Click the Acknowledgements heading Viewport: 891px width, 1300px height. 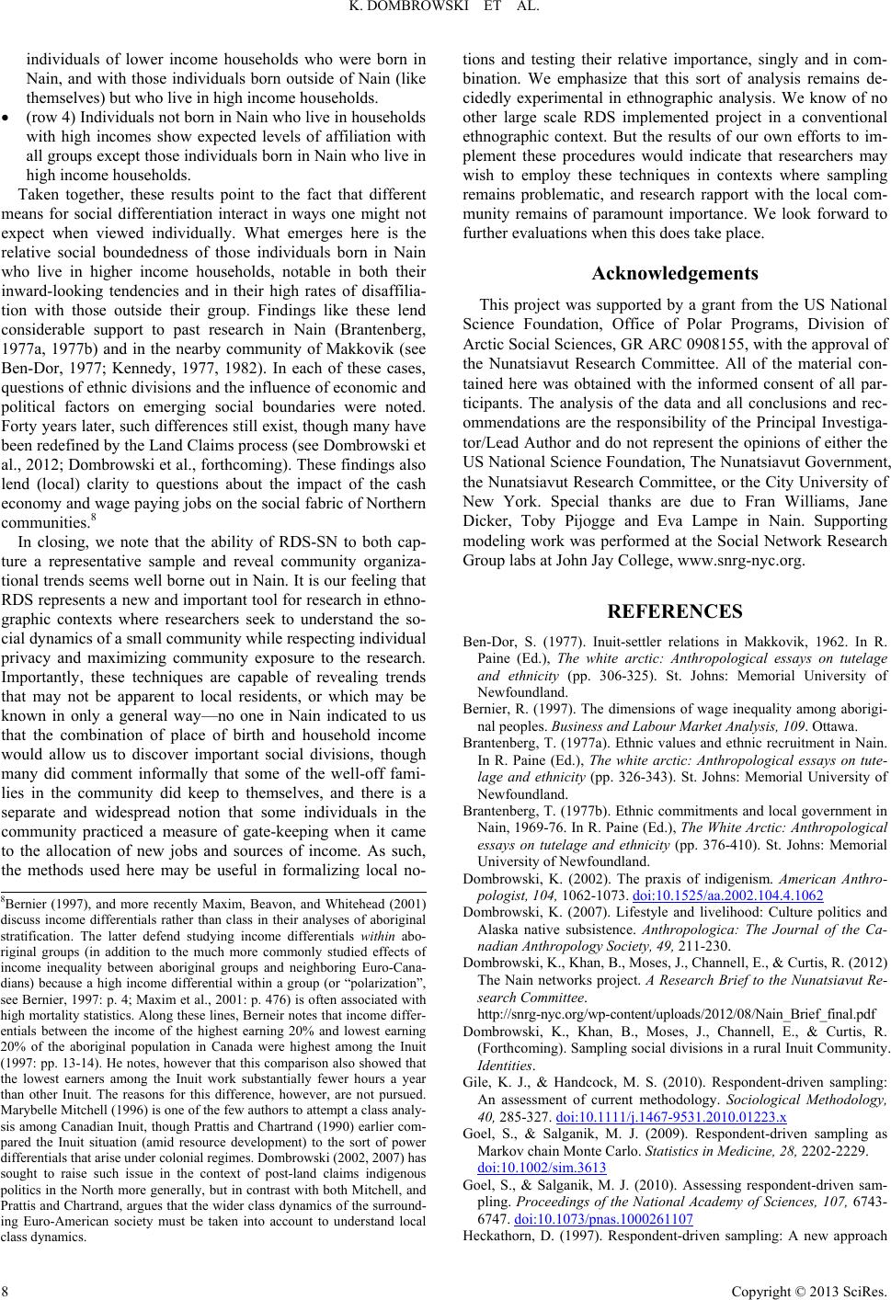coord(675,273)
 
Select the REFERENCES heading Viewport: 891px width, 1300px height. coord(675,611)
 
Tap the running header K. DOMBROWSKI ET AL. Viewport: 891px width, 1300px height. coord(444,11)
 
